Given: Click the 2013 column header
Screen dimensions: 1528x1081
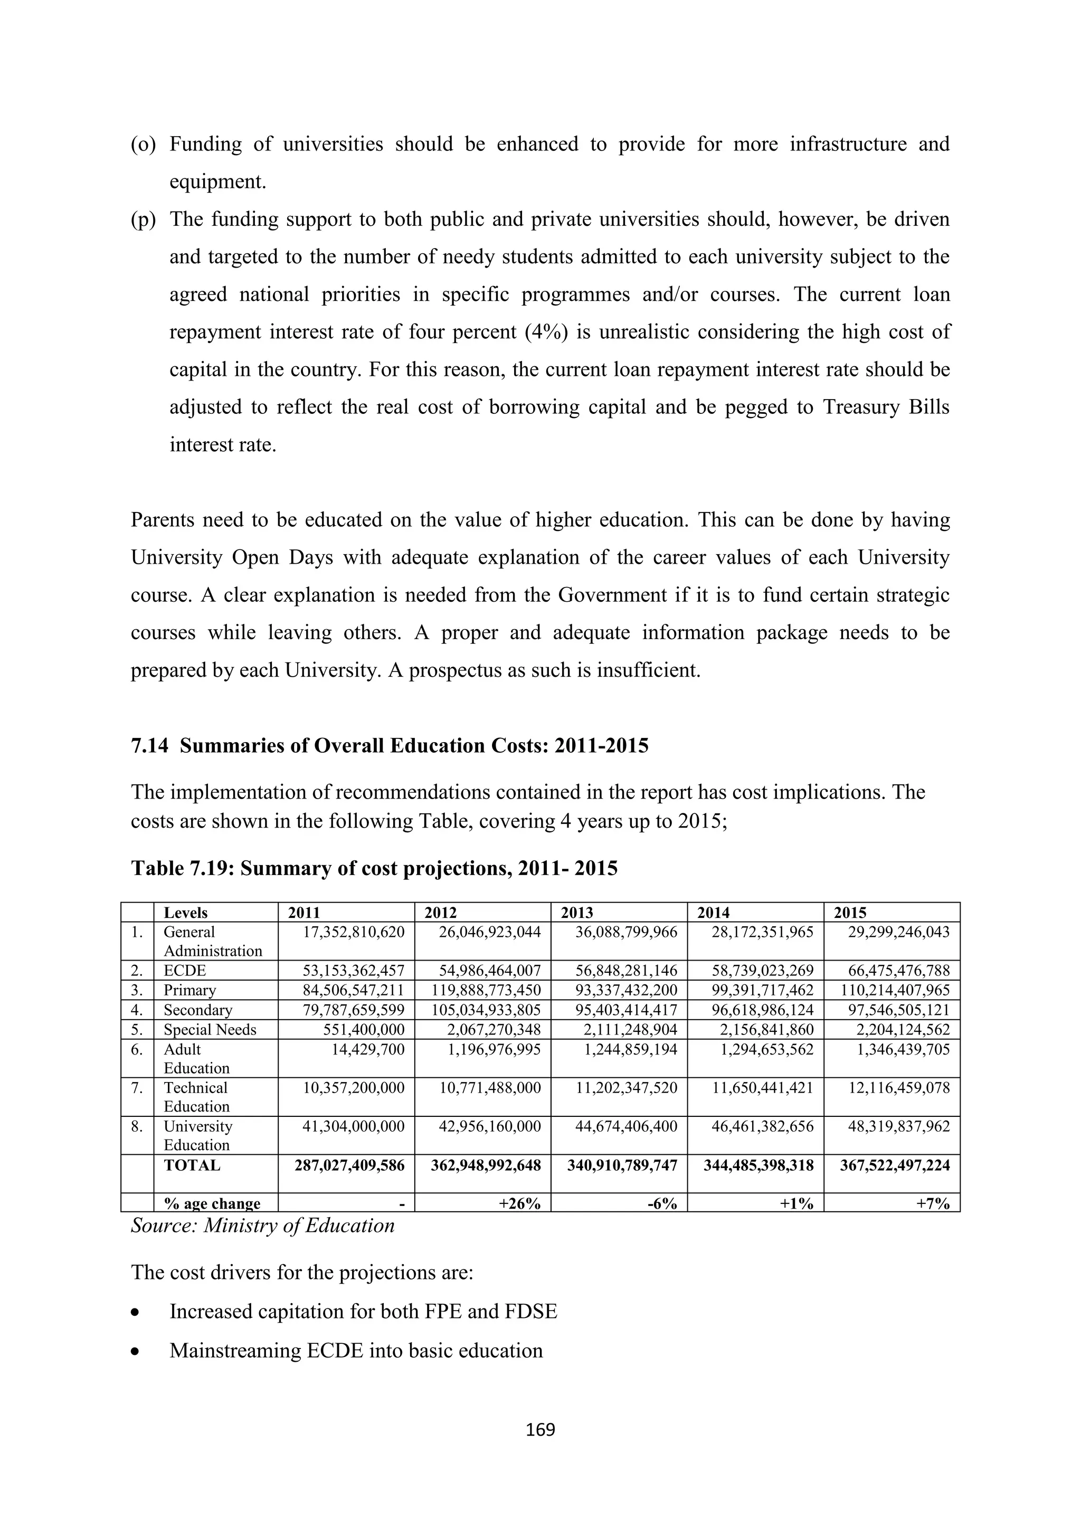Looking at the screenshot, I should [577, 913].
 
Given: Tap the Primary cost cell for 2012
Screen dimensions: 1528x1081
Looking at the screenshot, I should [489, 990].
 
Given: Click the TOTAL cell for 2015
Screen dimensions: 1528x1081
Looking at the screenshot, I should [895, 1165].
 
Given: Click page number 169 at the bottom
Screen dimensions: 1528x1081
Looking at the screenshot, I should [540, 1429].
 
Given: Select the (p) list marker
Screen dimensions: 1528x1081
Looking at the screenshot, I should [143, 220].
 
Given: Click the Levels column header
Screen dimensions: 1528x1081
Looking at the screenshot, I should [186, 913].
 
